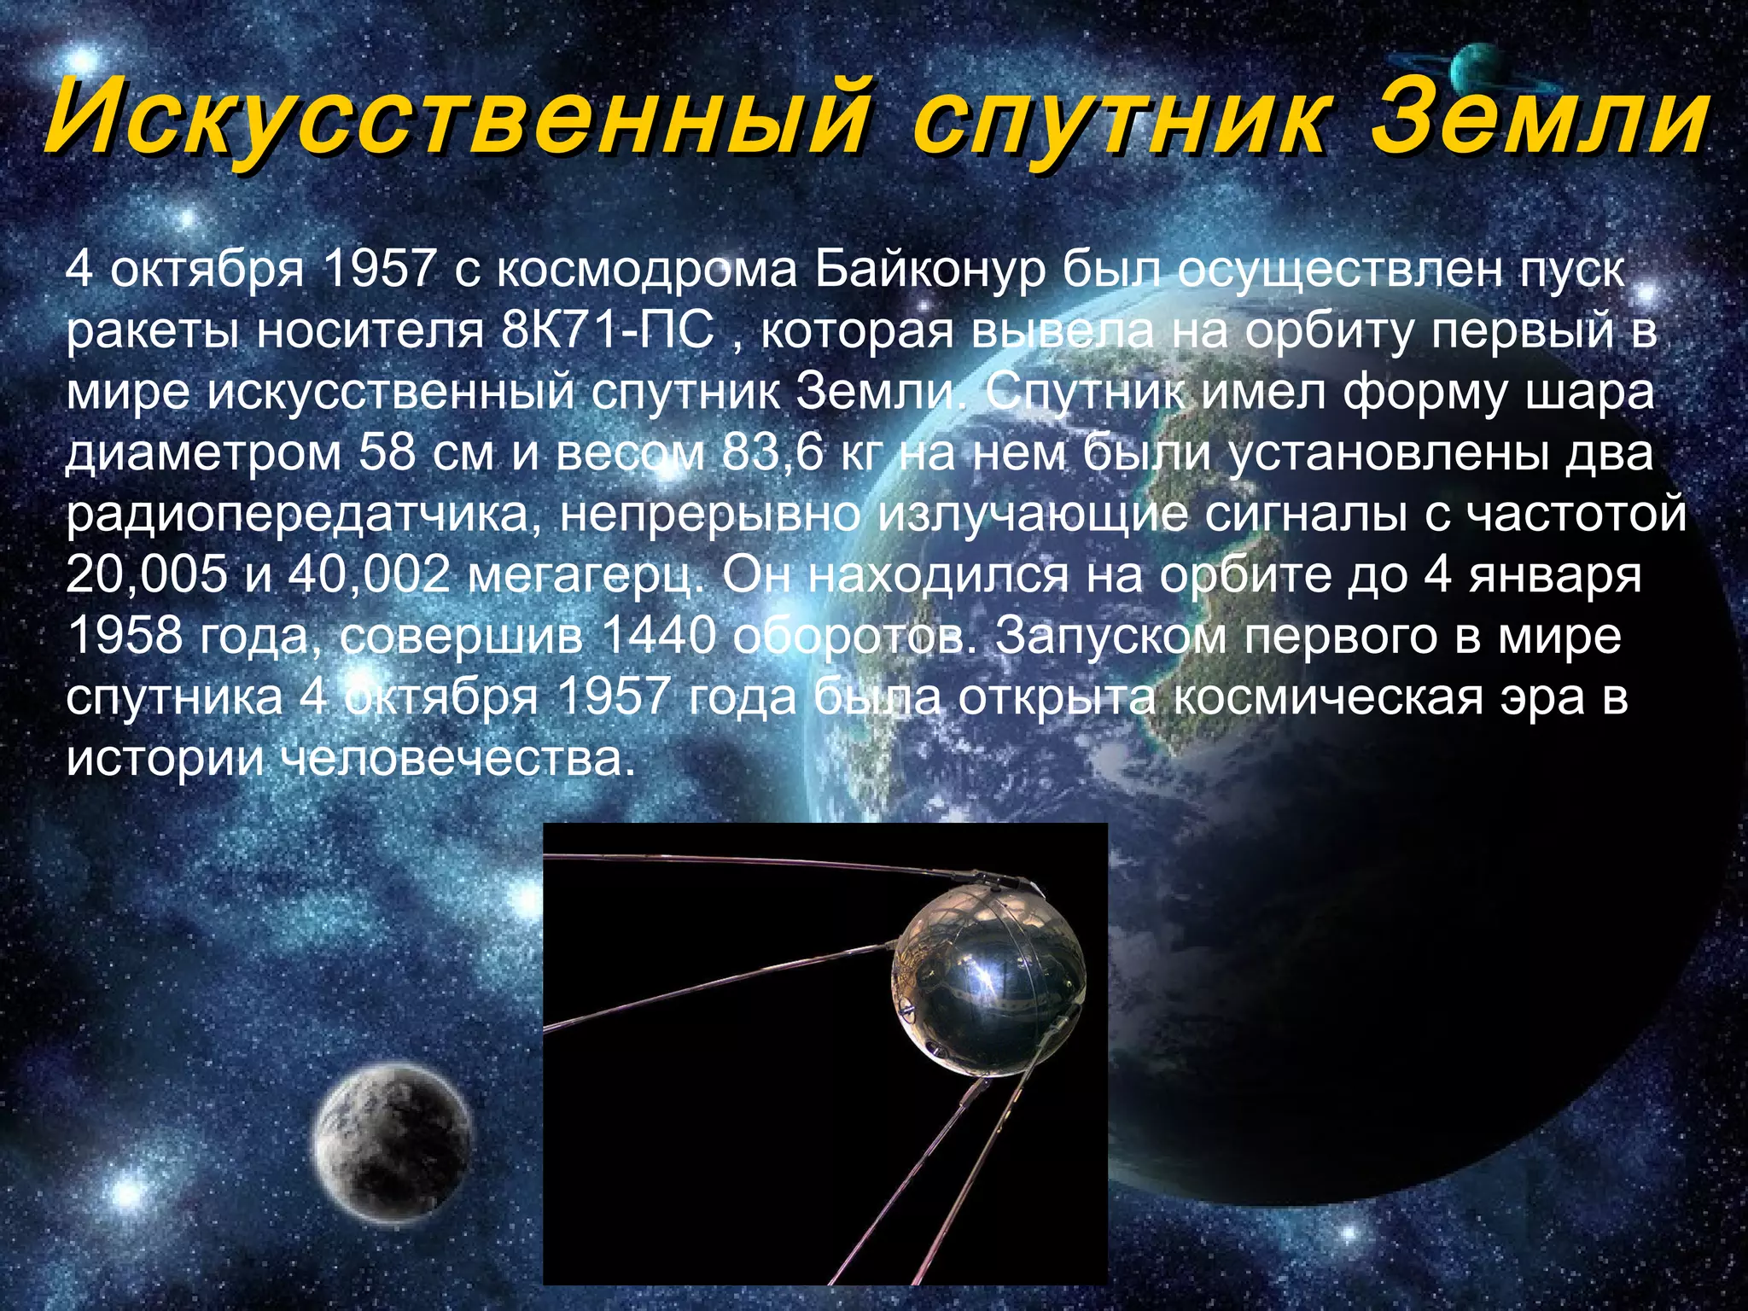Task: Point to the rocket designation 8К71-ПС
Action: (607, 331)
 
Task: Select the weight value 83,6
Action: (772, 453)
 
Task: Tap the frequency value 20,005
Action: (147, 576)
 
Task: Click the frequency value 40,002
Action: (369, 576)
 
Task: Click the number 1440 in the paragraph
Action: (658, 637)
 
